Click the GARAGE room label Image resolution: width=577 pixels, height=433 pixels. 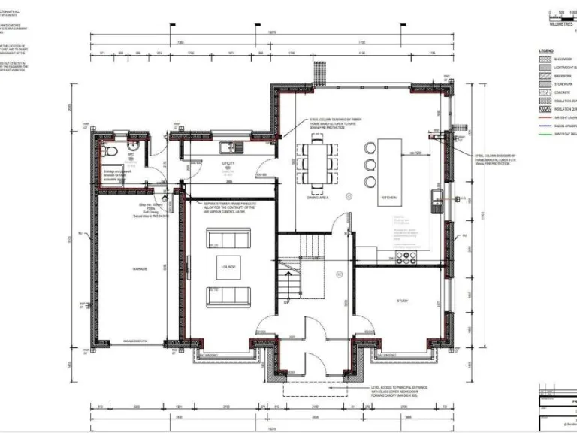(140, 268)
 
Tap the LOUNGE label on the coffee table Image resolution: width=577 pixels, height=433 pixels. (228, 267)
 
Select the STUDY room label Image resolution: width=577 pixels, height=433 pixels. (403, 301)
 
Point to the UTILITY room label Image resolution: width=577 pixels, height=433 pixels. (228, 163)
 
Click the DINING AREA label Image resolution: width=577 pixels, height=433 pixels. (319, 198)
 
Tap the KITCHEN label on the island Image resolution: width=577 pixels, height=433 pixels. (388, 198)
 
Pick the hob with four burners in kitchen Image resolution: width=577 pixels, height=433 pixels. (407, 258)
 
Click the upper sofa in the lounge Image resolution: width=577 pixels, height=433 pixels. (228, 240)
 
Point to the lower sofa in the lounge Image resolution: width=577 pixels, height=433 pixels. (228, 295)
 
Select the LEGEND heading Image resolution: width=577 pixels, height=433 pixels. (545, 50)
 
